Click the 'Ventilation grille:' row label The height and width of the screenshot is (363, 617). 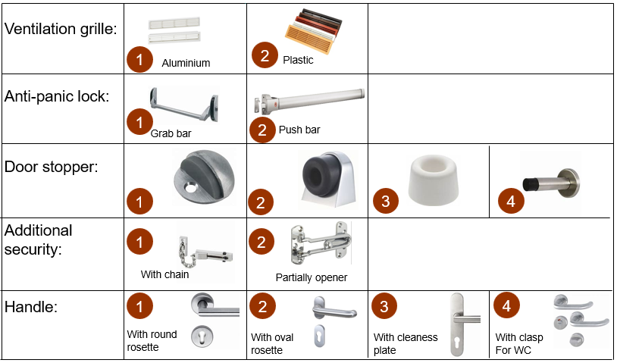pyautogui.click(x=61, y=29)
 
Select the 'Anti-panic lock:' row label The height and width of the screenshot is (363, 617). pyautogui.click(x=57, y=96)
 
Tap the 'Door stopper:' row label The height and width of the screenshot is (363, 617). pyautogui.click(x=51, y=167)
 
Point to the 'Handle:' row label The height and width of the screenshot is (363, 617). pyautogui.click(x=30, y=307)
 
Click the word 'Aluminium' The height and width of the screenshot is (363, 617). pyautogui.click(x=186, y=63)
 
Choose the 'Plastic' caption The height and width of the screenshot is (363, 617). pyautogui.click(x=298, y=60)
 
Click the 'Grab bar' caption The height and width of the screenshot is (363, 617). pyautogui.click(x=171, y=133)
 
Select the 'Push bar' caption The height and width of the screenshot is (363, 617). pyautogui.click(x=299, y=130)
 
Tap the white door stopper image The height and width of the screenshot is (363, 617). pyautogui.click(x=433, y=180)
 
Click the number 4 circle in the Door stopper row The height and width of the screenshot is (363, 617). pyautogui.click(x=511, y=202)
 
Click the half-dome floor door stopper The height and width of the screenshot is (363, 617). pyautogui.click(x=204, y=177)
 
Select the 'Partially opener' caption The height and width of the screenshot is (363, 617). pyautogui.click(x=312, y=277)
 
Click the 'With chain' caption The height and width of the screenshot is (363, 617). pyautogui.click(x=164, y=274)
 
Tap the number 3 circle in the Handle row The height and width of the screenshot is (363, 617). pyautogui.click(x=384, y=306)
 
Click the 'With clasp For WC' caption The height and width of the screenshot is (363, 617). pyautogui.click(x=519, y=344)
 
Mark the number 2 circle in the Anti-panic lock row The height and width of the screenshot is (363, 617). pyautogui.click(x=262, y=130)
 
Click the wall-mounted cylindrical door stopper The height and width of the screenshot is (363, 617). pyautogui.click(x=551, y=183)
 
